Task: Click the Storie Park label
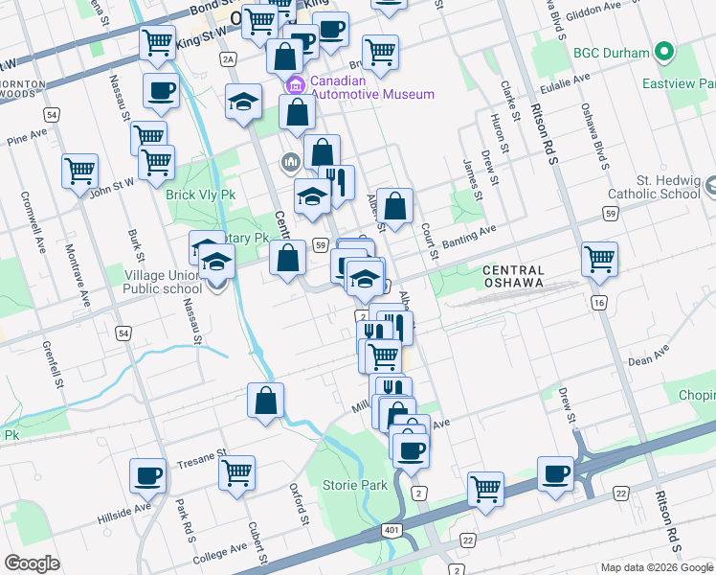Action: coord(355,485)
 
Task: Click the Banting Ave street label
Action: coord(475,231)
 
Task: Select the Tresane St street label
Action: coord(201,455)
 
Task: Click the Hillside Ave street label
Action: coord(124,508)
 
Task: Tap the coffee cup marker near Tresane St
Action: coord(148,474)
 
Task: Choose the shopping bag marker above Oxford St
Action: coord(266,401)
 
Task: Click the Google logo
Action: coord(32,563)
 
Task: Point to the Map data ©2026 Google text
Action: coord(656,567)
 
